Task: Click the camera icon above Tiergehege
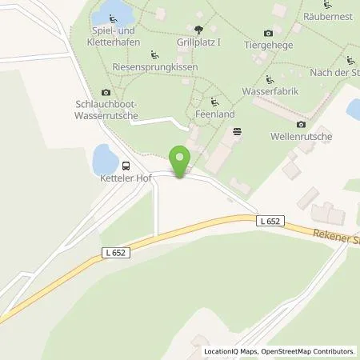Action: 267,33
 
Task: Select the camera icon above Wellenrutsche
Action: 301,125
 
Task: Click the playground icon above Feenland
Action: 214,102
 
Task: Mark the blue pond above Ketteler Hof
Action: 104,158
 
